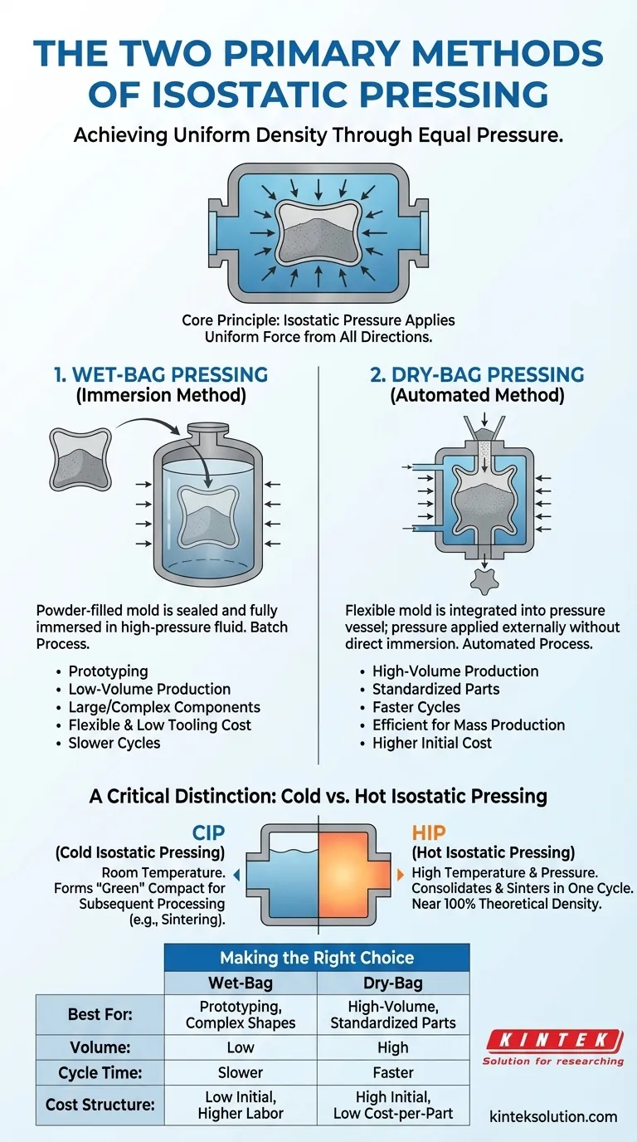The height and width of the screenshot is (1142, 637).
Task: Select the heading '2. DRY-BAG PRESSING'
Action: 476,373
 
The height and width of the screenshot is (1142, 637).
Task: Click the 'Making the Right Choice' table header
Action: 316,957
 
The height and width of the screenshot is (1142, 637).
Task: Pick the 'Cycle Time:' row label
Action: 100,1071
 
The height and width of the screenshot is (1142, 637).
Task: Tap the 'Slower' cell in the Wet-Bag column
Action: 241,1071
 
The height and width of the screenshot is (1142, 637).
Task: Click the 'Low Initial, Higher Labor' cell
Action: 241,1105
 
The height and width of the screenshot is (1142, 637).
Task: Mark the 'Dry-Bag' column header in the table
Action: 393,983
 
